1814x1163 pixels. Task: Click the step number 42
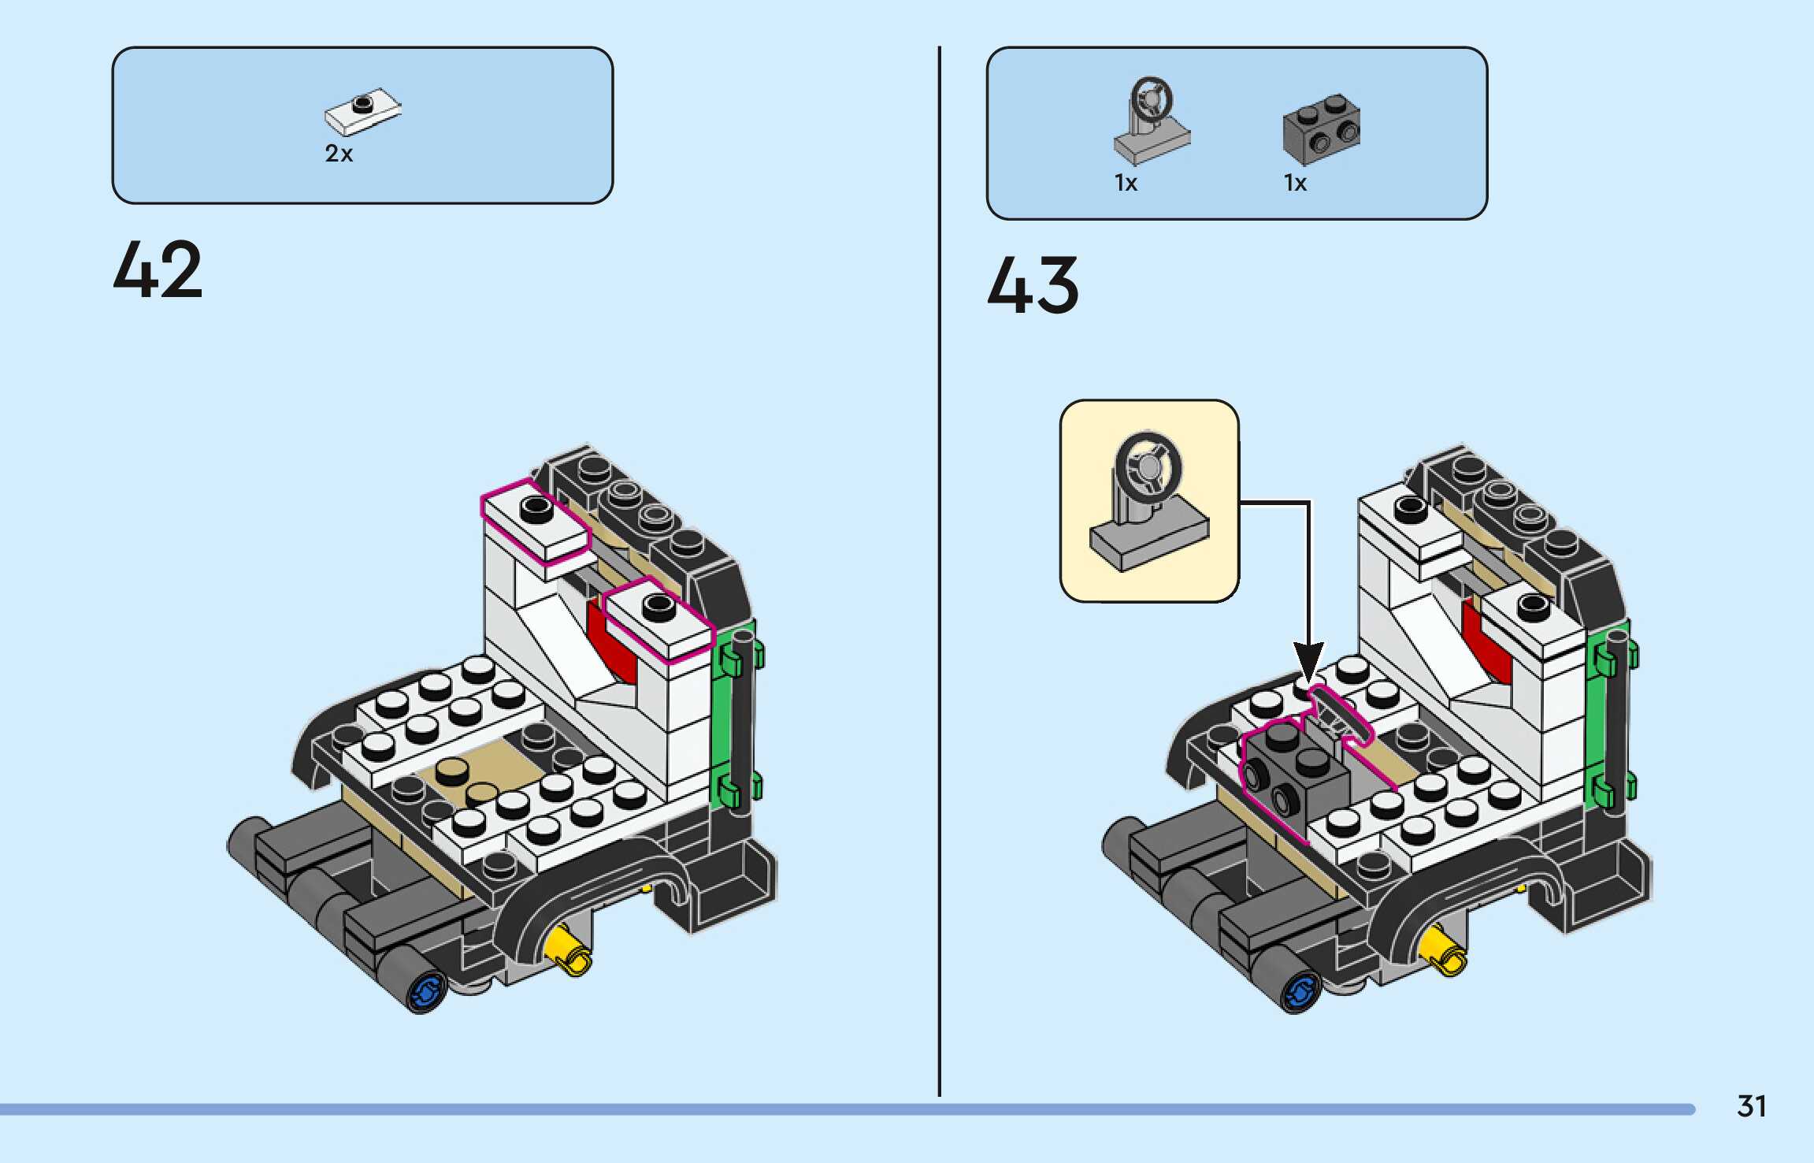(x=158, y=270)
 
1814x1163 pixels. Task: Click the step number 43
(x=1033, y=285)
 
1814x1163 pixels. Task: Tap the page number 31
(x=1751, y=1106)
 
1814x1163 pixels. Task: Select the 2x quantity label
(x=339, y=153)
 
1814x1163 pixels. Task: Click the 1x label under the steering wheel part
(x=1126, y=183)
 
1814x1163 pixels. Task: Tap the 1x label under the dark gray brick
(x=1295, y=183)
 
